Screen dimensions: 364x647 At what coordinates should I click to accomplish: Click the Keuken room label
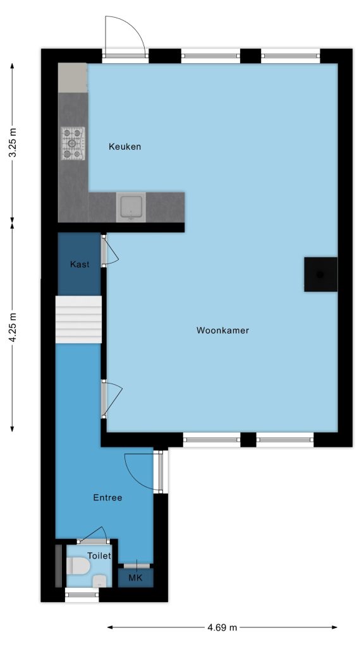coord(124,147)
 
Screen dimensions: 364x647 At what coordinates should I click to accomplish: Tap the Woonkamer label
coord(222,330)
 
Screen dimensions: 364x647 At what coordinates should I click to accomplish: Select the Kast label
coord(80,265)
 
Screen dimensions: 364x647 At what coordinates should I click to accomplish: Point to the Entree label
coord(107,498)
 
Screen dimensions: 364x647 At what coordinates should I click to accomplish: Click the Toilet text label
coord(99,556)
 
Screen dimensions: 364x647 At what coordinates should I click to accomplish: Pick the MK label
coord(135,577)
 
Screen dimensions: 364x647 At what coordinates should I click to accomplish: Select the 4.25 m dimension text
coord(13,326)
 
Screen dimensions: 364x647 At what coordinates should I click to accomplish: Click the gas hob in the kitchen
coord(73,143)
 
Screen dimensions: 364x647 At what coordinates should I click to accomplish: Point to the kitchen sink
coord(131,207)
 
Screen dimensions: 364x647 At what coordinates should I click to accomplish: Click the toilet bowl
coord(78,565)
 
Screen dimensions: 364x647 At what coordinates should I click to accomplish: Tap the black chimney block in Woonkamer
coord(320,274)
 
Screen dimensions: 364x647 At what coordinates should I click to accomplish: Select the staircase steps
coord(78,319)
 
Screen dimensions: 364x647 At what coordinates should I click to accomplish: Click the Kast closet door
coord(110,250)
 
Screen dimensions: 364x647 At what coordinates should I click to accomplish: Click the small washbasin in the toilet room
coord(99,581)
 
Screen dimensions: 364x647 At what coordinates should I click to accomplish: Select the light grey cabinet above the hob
coord(73,78)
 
